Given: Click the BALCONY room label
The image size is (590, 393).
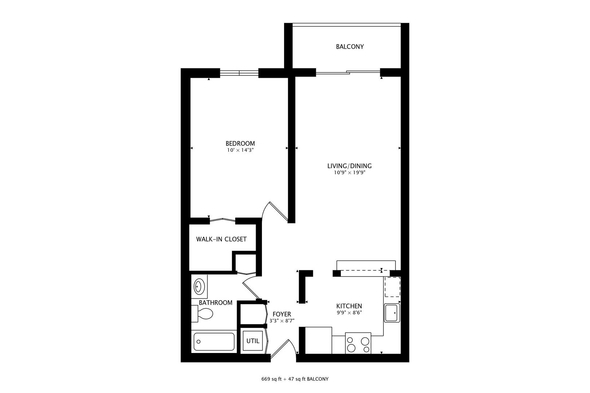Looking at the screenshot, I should [350, 47].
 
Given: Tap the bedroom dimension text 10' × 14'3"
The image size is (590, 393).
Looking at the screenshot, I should [240, 150].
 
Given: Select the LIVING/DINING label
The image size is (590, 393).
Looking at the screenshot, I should [349, 166].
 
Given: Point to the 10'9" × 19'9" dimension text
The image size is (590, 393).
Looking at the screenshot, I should [349, 173].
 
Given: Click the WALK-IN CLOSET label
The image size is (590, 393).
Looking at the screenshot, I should [221, 239].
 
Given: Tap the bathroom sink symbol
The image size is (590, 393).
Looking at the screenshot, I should [199, 286].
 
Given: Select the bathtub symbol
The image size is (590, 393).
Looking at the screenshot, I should [213, 341].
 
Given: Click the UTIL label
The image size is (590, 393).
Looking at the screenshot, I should [253, 341].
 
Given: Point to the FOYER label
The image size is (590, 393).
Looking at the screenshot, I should [282, 314].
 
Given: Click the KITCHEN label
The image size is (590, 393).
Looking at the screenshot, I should [349, 306].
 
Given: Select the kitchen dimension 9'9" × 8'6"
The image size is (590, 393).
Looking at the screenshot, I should [349, 313].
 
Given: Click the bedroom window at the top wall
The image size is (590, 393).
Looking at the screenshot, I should [239, 73].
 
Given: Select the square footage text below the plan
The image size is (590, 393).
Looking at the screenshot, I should [295, 379].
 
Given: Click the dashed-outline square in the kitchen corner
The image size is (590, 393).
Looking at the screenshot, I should [392, 287].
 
